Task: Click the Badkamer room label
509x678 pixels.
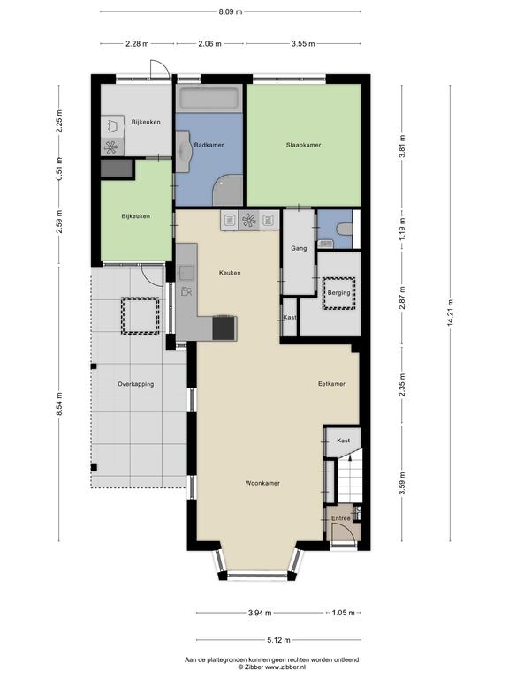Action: coord(209,145)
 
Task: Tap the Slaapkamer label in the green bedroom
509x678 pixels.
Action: coord(303,145)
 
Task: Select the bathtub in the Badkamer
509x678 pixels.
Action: coord(209,98)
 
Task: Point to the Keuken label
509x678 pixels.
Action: coord(230,273)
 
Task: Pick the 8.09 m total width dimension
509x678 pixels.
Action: coord(231,11)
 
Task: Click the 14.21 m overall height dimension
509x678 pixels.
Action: coord(450,313)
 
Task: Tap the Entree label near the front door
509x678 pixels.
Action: coord(341,518)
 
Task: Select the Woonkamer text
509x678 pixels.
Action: coord(262,483)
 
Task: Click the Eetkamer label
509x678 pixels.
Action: coord(331,383)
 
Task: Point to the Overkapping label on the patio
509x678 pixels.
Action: coord(135,384)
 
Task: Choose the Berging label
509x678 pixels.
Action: coord(339,293)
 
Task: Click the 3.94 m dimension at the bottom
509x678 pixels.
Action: coord(260,613)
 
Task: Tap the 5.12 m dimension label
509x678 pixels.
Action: coord(278,640)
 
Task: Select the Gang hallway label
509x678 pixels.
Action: coord(299,248)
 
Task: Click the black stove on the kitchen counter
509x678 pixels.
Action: coord(224,328)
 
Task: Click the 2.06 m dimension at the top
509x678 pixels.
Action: coord(210,43)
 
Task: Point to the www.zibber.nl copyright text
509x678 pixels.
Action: coord(272,667)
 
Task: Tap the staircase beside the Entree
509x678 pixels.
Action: coord(349,476)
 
